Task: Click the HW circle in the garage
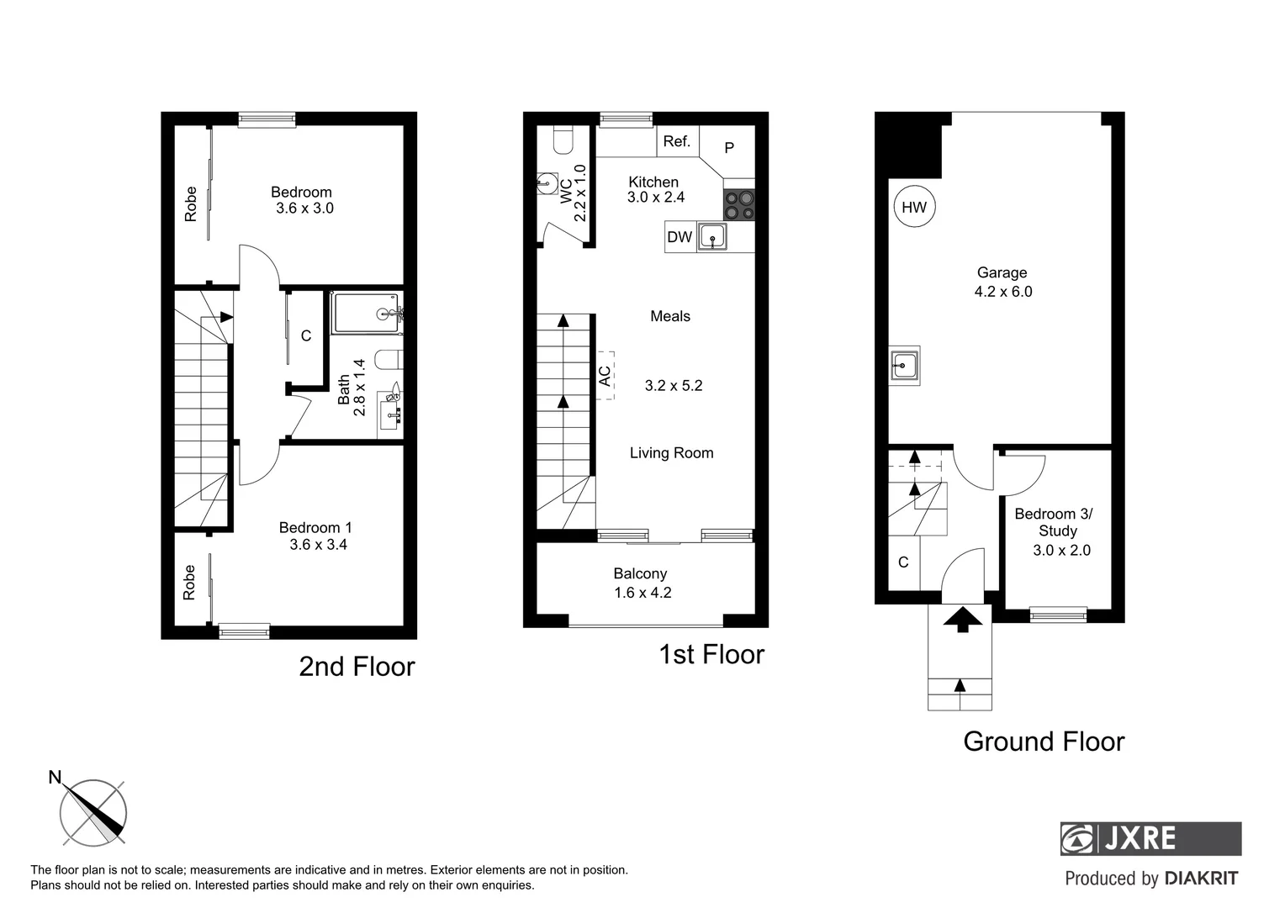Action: (x=914, y=207)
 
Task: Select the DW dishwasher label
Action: (x=679, y=237)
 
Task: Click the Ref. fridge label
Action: (x=676, y=141)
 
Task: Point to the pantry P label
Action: (x=729, y=148)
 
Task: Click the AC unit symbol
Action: (x=605, y=375)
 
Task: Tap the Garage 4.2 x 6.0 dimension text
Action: (x=1002, y=292)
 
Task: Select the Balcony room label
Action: (x=640, y=573)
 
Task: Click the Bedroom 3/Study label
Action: (x=1053, y=522)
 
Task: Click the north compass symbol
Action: (x=93, y=813)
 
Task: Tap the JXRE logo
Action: (x=1150, y=838)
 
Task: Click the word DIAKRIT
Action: (x=1201, y=879)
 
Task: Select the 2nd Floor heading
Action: (x=357, y=667)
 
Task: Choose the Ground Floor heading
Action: (x=1043, y=742)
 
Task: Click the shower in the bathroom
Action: (x=366, y=314)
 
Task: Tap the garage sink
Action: (x=904, y=366)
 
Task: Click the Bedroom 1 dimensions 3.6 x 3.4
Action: (x=318, y=545)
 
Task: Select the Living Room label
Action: (x=671, y=453)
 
